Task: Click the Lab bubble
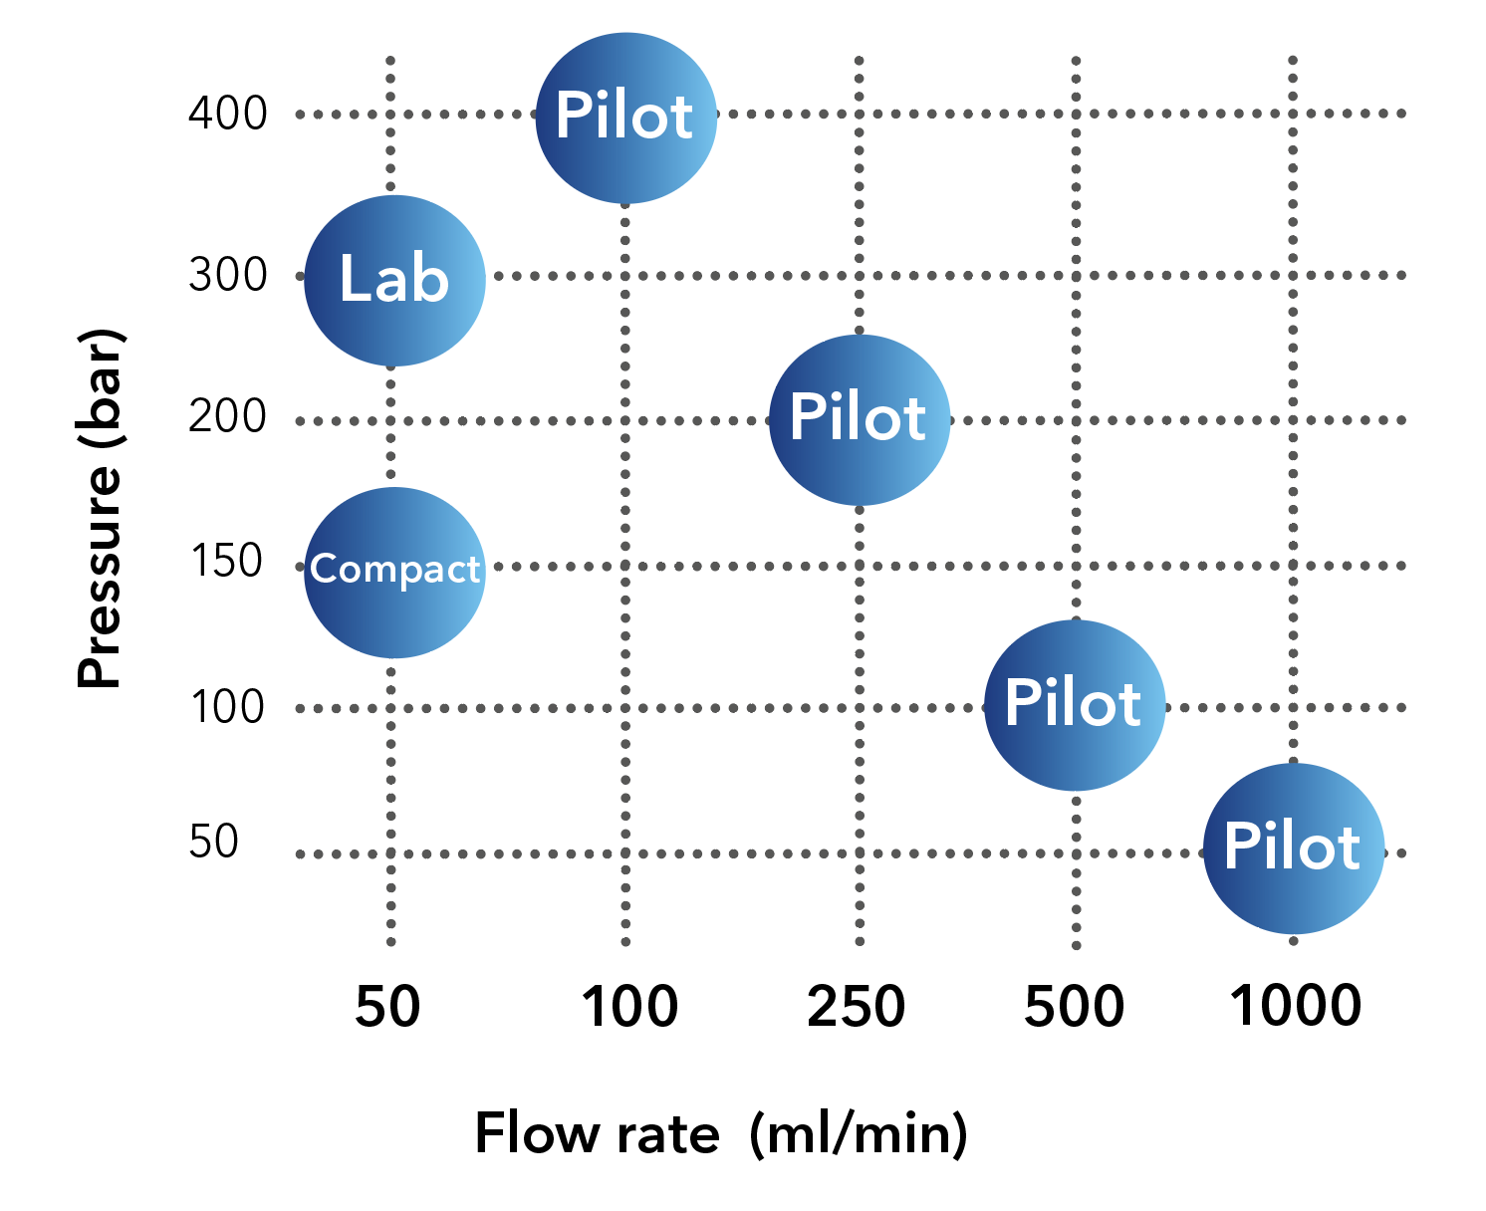point(394,280)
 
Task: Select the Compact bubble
point(394,572)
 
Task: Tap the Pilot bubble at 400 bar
point(625,118)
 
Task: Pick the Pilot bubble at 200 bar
point(859,419)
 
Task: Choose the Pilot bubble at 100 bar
point(1074,705)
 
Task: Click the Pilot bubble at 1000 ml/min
point(1293,848)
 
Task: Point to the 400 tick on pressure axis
point(228,114)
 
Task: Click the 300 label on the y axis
point(228,275)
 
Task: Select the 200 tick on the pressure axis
point(228,416)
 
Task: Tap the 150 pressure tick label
point(226,562)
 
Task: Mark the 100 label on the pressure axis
point(227,707)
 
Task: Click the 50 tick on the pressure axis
point(214,842)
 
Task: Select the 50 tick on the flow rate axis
point(388,1006)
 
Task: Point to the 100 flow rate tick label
point(629,1006)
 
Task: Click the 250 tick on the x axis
point(857,1006)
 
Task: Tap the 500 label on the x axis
point(1075,1006)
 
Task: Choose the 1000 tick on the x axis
point(1296,1004)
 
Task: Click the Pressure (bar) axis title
point(101,508)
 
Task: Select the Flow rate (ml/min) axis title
point(721,1133)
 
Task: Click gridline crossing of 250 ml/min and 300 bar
point(860,275)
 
